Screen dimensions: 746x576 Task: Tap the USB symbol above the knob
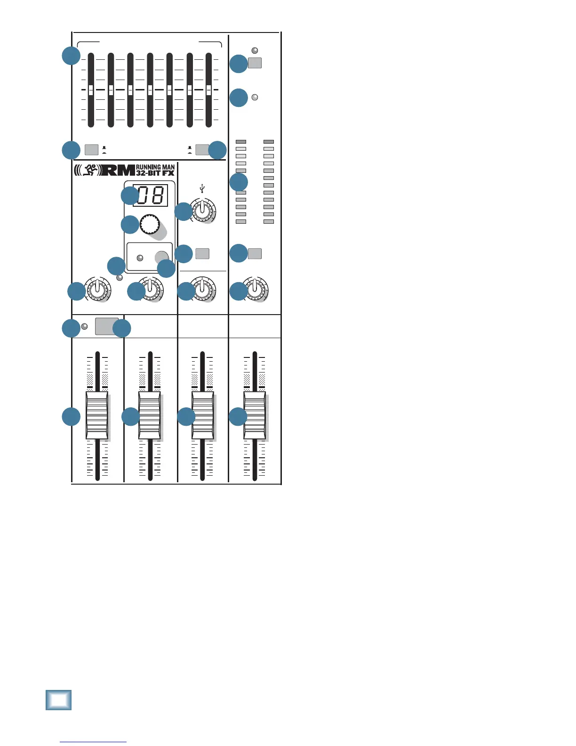click(202, 189)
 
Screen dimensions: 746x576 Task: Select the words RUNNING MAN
click(155, 167)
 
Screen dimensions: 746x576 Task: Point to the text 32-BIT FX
click(155, 173)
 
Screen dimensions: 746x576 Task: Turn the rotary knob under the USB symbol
click(203, 210)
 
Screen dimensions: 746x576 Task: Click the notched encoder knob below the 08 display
click(150, 225)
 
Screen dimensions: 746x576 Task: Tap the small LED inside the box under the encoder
click(140, 258)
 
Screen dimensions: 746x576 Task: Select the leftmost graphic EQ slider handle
click(91, 89)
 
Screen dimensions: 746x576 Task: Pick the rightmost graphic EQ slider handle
click(209, 89)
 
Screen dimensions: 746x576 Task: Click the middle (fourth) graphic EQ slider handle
click(150, 89)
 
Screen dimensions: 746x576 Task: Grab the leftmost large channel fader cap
click(97, 414)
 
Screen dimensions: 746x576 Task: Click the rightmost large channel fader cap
click(255, 414)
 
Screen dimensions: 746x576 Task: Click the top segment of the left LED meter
click(241, 142)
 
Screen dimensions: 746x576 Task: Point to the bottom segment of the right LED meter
click(269, 221)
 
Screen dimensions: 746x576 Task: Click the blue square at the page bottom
click(59, 699)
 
